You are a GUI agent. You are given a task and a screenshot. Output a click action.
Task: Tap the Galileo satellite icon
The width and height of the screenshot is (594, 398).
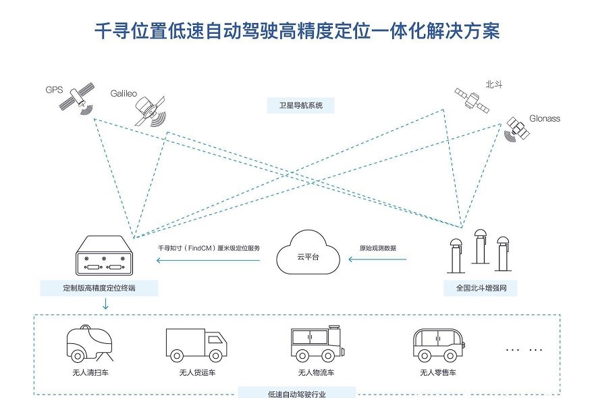[x=148, y=111]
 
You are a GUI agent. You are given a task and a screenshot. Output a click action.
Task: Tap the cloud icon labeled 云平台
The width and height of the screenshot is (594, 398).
[x=308, y=251]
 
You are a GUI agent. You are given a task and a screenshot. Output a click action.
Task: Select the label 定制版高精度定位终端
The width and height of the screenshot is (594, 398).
[x=100, y=289]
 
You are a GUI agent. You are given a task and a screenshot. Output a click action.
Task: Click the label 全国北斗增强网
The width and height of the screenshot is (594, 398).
[x=481, y=289]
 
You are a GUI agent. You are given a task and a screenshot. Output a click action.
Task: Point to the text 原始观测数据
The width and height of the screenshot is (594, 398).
[x=377, y=248]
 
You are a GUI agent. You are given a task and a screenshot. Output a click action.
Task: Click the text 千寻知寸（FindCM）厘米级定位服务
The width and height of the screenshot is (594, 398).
[x=209, y=248]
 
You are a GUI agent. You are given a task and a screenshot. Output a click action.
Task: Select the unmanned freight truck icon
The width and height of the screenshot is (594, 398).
[x=195, y=345]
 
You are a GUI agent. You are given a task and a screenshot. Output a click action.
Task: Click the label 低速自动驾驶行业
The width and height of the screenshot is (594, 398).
[x=297, y=393]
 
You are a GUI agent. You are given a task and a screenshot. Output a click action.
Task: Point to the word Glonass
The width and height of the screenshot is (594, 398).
[x=545, y=118]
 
